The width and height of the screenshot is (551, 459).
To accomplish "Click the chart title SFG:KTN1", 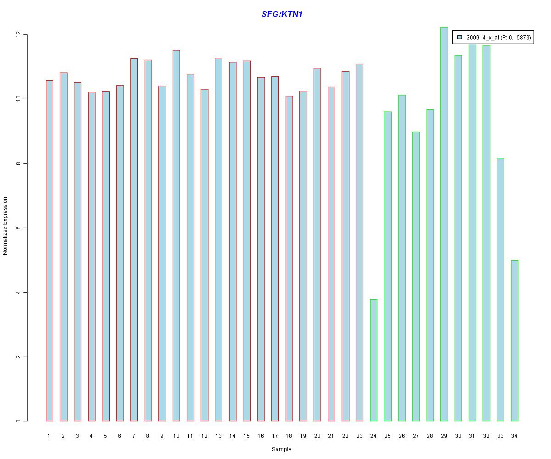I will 281,14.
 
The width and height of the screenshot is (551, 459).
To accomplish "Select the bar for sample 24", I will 373,360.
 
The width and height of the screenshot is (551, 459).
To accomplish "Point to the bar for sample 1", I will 49,251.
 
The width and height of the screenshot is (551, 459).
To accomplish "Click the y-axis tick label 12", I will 18,35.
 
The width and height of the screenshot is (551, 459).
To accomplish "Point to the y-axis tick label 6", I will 18,228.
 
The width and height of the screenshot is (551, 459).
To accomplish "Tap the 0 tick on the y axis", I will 18,421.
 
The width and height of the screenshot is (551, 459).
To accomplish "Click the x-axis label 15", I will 247,436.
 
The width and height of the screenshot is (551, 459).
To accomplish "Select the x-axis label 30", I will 458,436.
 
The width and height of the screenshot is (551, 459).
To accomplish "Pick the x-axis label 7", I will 134,436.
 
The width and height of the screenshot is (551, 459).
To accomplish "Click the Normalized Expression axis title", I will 6,226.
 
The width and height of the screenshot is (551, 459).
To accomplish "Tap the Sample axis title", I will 281,449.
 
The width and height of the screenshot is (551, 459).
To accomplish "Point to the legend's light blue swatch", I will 460,37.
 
